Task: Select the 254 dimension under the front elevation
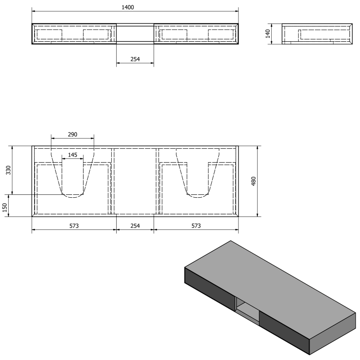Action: (x=135, y=60)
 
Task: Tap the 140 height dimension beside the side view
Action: (x=269, y=34)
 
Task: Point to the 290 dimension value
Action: (x=72, y=134)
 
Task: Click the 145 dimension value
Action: (x=72, y=155)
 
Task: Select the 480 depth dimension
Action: (x=254, y=181)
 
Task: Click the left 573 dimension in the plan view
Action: (x=74, y=226)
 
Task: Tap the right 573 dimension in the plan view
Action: (x=196, y=226)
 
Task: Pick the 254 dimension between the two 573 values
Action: (x=135, y=226)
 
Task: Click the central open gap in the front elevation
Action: (x=135, y=34)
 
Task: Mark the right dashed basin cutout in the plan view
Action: (x=198, y=173)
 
